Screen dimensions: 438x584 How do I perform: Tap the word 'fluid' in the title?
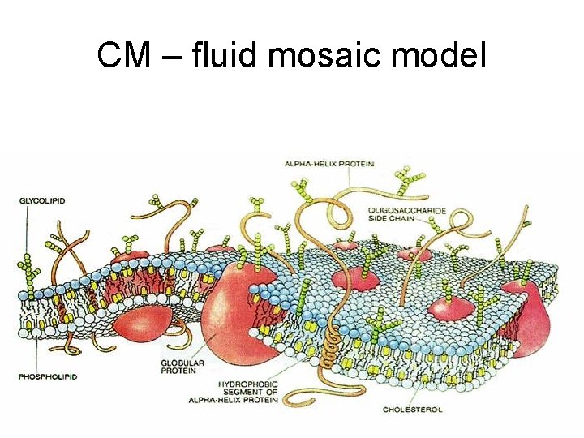point(228,55)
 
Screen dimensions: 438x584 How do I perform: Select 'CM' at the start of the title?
point(123,55)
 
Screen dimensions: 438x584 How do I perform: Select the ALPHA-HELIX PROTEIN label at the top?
point(328,164)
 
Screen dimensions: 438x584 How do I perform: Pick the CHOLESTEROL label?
point(414,409)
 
